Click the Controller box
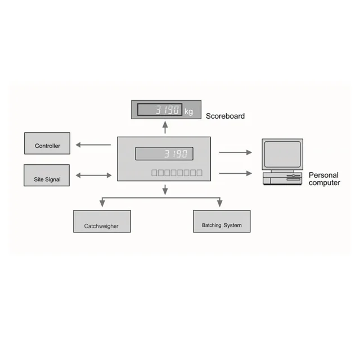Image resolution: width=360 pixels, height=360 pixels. pos(47,143)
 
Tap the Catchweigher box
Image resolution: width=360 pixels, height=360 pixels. pos(102,222)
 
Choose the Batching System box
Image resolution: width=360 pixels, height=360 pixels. pos(222,222)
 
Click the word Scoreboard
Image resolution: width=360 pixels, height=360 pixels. pos(225,116)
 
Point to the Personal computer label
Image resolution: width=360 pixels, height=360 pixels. pos(325,179)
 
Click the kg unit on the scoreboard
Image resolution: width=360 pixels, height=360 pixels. pos(188,111)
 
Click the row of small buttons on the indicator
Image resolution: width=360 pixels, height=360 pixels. pos(176,173)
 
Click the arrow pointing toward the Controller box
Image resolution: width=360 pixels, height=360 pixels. pos(93,145)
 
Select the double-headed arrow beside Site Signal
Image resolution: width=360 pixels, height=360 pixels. pos(93,175)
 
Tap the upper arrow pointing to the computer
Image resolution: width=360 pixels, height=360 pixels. pos(235,152)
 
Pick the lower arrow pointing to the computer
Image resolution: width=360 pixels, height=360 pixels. pos(235,173)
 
